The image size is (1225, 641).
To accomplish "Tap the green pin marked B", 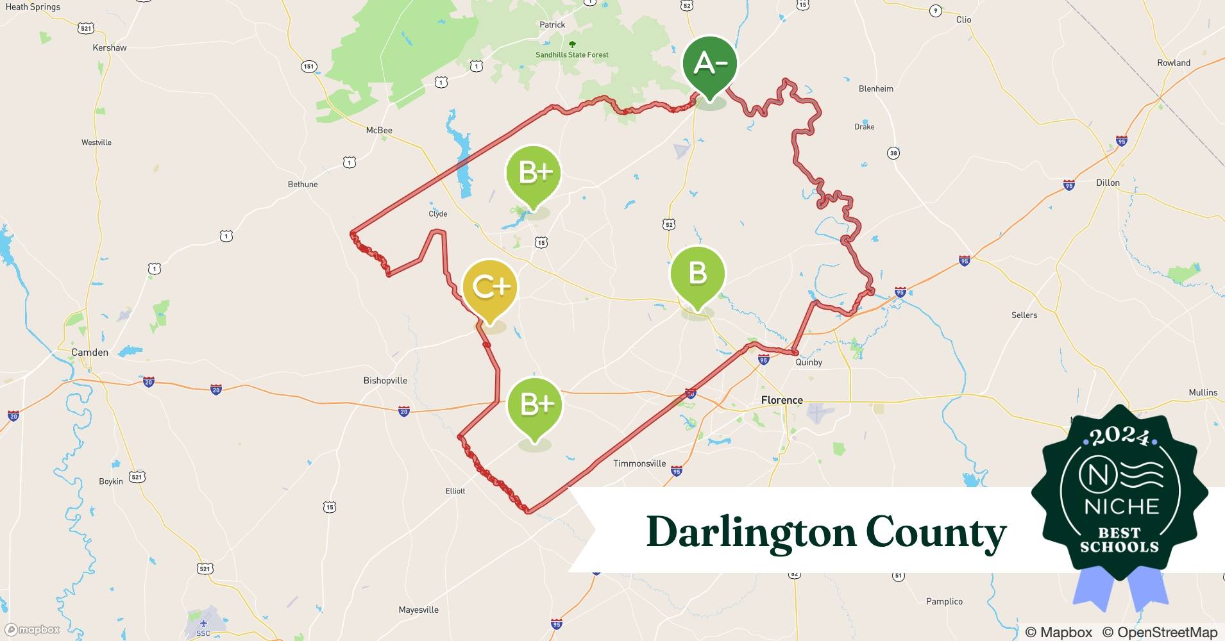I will coord(698,274).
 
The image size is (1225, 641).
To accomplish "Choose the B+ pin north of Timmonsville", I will coord(535,405).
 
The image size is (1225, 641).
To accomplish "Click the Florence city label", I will coord(782,400).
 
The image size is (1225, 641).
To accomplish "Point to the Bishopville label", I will coord(385,380).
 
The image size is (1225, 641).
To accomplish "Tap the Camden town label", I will coord(90,352).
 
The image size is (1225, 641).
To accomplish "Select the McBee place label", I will coord(379,130).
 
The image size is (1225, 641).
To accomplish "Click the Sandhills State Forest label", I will coord(572,54).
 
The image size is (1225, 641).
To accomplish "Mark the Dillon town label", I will coord(1108,183).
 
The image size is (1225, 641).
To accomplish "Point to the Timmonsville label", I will coord(639,463).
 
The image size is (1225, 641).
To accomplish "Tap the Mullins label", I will coord(1203,392).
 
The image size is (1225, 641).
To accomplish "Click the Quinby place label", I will coord(809,362).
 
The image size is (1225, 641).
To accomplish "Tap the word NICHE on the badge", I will coord(1121,506).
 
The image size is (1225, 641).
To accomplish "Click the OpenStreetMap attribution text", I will coord(1159,632).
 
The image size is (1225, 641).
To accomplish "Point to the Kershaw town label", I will coord(110,47).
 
